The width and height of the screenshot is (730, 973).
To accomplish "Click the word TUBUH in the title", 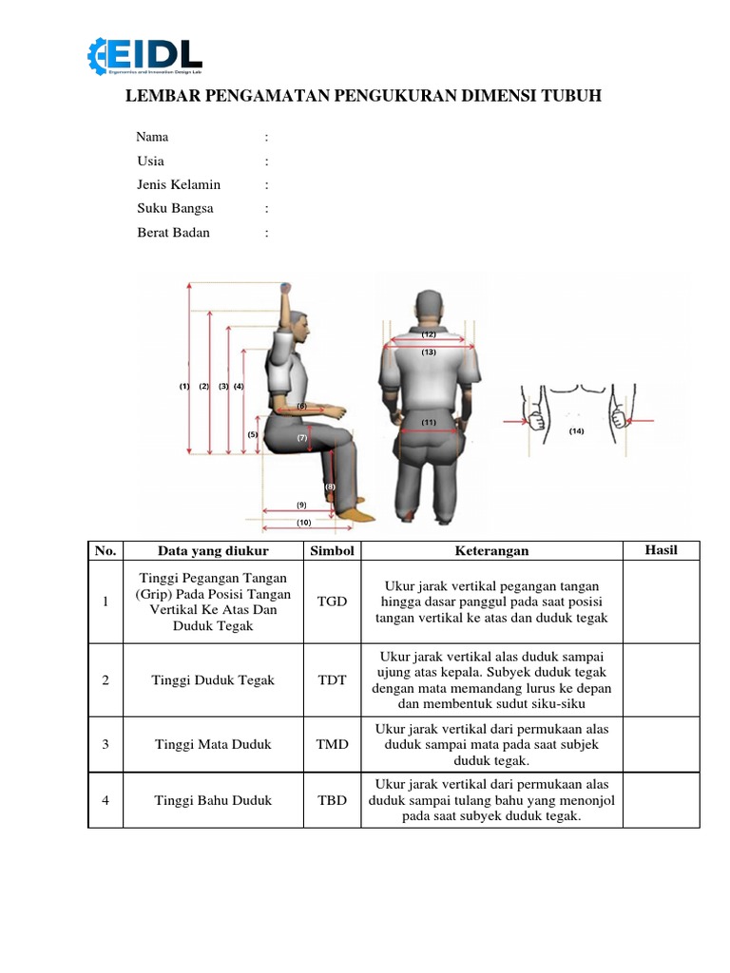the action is (x=571, y=97).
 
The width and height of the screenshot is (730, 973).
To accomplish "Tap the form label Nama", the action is (x=152, y=137).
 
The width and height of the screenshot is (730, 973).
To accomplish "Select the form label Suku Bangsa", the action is (x=175, y=208).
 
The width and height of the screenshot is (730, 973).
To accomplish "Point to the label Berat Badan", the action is (x=173, y=232).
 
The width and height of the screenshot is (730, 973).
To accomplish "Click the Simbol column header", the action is (x=332, y=551).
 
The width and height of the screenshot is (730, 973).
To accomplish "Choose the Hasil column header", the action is (x=661, y=550).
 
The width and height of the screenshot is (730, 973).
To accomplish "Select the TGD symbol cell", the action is (x=332, y=601).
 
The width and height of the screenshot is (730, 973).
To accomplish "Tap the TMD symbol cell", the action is (x=332, y=744).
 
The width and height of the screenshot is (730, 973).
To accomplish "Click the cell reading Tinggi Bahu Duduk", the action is (x=213, y=800).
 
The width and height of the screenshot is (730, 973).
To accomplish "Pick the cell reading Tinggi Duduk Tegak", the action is (x=213, y=679).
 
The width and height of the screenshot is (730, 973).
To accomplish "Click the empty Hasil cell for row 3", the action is (x=661, y=744).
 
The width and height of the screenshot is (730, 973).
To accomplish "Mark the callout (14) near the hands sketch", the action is (x=577, y=431).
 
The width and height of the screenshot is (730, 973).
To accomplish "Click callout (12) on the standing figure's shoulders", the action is (x=429, y=334).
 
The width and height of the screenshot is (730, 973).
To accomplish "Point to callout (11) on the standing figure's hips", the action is (x=429, y=422).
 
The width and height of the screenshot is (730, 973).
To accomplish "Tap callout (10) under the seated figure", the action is (x=303, y=523).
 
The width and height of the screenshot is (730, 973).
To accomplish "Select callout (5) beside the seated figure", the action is (x=253, y=434).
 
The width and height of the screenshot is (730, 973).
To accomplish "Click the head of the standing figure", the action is (x=429, y=304).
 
